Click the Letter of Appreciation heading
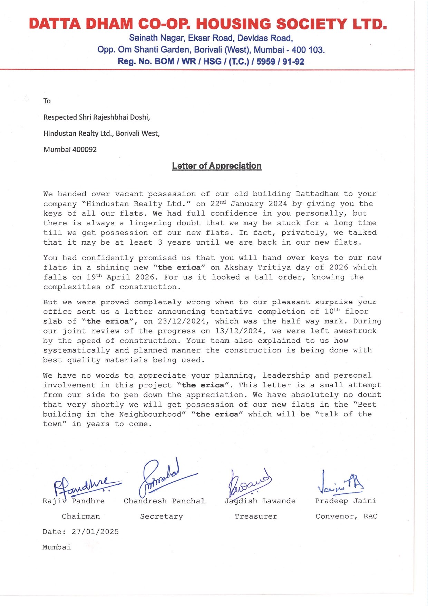pyautogui.click(x=216, y=166)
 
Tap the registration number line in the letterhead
pyautogui.click(x=211, y=61)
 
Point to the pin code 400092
pyautogui.click(x=84, y=150)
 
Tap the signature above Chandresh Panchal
pyautogui.click(x=162, y=477)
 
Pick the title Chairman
pyautogui.click(x=81, y=516)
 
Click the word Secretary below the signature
pyautogui.click(x=161, y=516)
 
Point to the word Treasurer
pyautogui.click(x=256, y=516)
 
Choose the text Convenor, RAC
pyautogui.click(x=346, y=516)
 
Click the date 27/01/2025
pyautogui.click(x=95, y=532)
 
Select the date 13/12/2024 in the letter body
pyautogui.click(x=239, y=331)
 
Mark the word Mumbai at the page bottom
pyautogui.click(x=57, y=547)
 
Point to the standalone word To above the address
pyautogui.click(x=47, y=101)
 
